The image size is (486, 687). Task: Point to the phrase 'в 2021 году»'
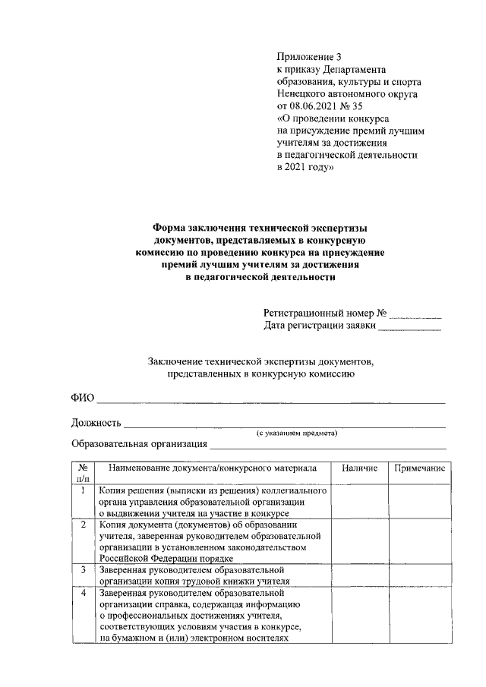(305, 167)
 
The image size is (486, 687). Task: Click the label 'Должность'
(96, 422)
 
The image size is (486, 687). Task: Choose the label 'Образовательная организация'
(139, 444)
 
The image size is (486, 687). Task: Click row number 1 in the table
(83, 491)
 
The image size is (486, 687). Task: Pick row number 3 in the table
(83, 569)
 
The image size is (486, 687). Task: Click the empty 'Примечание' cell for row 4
(418, 615)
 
